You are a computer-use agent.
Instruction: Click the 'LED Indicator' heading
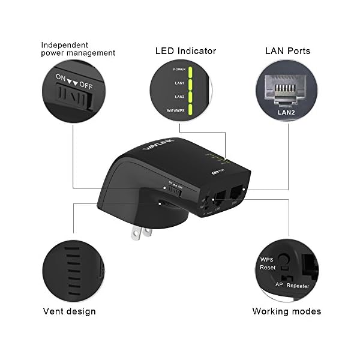pyautogui.click(x=186, y=51)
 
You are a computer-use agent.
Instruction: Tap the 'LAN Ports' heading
pyautogui.click(x=287, y=51)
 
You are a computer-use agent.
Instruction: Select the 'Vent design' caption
pyautogui.click(x=69, y=311)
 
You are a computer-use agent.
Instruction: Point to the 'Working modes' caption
pyautogui.click(x=286, y=311)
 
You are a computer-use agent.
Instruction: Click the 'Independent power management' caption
pyautogui.click(x=78, y=49)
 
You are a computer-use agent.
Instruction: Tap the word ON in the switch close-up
pyautogui.click(x=61, y=78)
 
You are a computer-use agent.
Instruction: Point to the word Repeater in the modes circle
pyautogui.click(x=298, y=286)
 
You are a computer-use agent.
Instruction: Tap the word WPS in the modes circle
pyautogui.click(x=267, y=259)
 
